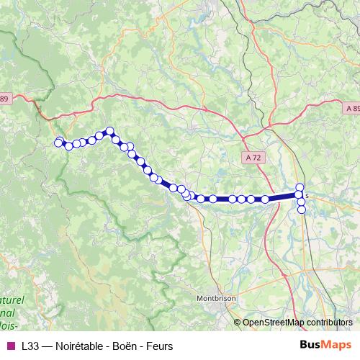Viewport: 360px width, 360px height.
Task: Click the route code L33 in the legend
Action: (30, 346)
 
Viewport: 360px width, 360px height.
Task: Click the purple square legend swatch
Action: (9, 346)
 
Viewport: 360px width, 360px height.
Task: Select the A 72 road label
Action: (253, 156)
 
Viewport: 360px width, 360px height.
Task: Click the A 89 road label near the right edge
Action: (351, 107)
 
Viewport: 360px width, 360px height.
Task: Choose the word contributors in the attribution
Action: (331, 323)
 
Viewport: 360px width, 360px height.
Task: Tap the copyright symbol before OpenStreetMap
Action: (238, 323)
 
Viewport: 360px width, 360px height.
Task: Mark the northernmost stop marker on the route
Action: (110, 131)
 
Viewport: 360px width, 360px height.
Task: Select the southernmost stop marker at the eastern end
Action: (302, 210)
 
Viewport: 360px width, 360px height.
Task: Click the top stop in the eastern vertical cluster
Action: (300, 187)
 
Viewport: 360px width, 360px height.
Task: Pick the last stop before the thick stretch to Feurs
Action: (265, 199)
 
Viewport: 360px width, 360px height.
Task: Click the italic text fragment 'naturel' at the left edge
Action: (12, 299)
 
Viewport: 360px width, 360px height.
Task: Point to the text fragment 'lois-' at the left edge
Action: (9, 325)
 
